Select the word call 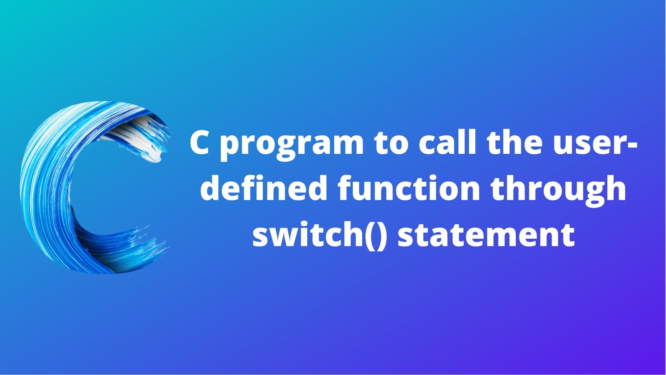point(447,142)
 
